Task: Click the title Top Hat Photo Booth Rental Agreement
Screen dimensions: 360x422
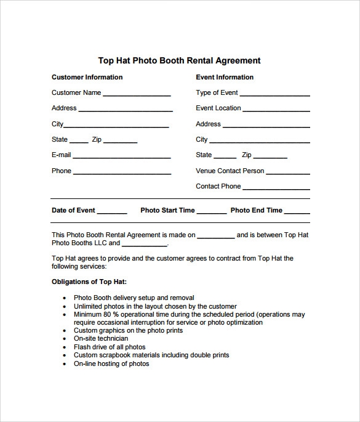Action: (x=179, y=60)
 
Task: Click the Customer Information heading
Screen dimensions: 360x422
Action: (x=87, y=77)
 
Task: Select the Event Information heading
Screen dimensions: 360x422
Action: (x=225, y=77)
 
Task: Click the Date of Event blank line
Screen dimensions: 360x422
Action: (x=112, y=213)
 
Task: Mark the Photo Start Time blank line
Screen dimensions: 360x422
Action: (x=212, y=213)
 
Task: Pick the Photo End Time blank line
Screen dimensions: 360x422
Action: (x=298, y=213)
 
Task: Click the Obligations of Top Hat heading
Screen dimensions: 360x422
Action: (x=89, y=282)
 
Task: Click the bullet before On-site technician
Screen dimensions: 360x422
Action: (x=65, y=339)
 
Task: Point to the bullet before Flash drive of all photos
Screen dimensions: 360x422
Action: (x=65, y=347)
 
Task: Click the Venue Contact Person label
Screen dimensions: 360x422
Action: (x=230, y=171)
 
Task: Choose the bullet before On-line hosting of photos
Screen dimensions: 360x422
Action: (x=65, y=364)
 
